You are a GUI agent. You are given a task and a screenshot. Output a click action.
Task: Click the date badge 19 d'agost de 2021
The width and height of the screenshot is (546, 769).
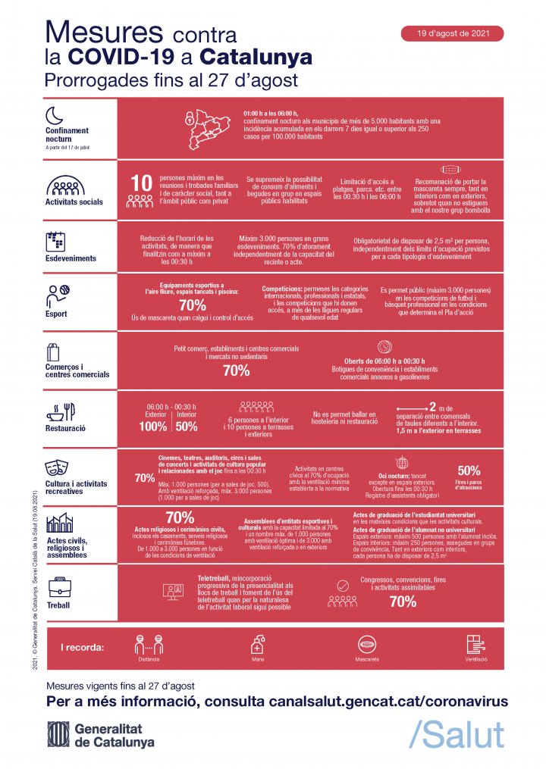(x=453, y=34)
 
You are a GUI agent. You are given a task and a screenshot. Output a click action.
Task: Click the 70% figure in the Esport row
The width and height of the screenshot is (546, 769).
(x=193, y=305)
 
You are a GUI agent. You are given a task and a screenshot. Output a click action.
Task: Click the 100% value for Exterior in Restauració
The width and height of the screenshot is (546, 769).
(x=152, y=427)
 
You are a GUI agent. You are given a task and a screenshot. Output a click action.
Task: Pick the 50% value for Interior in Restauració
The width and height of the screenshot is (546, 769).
(x=187, y=427)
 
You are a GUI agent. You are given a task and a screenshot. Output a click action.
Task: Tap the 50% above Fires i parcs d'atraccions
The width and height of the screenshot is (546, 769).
(x=469, y=470)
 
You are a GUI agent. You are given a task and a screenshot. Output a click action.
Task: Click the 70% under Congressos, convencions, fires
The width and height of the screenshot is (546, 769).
(x=401, y=602)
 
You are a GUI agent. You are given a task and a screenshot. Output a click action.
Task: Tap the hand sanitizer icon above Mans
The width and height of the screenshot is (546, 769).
(x=257, y=646)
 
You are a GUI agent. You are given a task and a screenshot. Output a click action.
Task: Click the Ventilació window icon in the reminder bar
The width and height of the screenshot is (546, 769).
(x=476, y=646)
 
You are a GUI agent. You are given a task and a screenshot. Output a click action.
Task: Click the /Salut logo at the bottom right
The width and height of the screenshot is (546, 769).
(x=456, y=733)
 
